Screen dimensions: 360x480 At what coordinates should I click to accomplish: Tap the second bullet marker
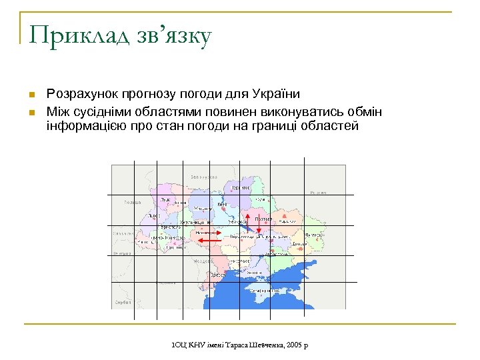pyautogui.click(x=31, y=110)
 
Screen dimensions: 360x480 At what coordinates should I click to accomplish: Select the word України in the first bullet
pyautogui.click(x=277, y=95)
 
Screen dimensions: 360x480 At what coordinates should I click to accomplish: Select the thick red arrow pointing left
pyautogui.click(x=210, y=239)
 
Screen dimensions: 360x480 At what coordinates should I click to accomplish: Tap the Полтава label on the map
pyautogui.click(x=263, y=218)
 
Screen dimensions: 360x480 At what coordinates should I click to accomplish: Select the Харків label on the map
pyautogui.click(x=287, y=221)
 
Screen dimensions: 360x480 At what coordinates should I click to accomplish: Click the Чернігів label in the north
pyautogui.click(x=241, y=187)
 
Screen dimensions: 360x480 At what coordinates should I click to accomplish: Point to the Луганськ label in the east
pyautogui.click(x=315, y=235)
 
